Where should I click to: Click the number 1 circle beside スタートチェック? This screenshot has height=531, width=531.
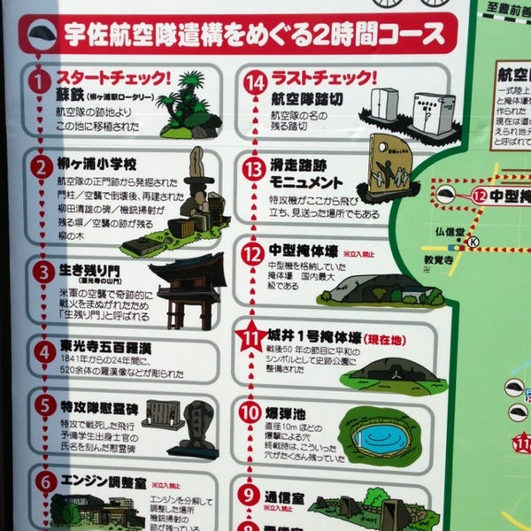(38, 82)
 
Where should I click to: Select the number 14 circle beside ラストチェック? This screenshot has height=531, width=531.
(256, 83)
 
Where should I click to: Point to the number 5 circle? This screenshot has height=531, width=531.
(44, 405)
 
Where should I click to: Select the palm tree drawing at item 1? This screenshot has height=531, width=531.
(190, 104)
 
